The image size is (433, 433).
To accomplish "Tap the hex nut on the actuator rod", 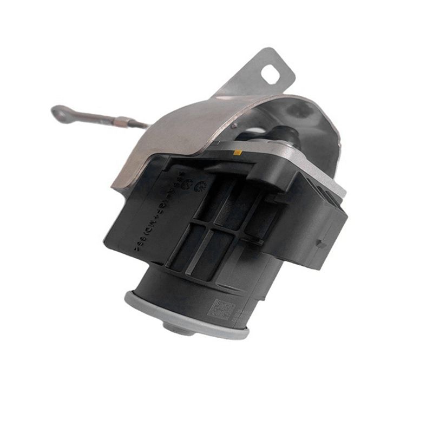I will pos(123,121).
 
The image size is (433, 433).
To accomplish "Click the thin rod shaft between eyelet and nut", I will pos(92,116).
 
